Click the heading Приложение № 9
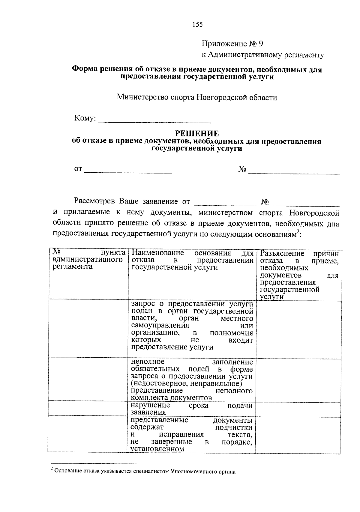[x=232, y=44]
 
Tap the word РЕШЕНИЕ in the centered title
[x=197, y=133]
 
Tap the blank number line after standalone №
[x=294, y=171]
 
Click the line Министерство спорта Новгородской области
[x=197, y=97]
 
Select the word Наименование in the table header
[x=157, y=253]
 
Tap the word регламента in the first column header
[x=72, y=267]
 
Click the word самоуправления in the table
[x=160, y=326]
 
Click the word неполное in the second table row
[x=148, y=362]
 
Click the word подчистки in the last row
[x=234, y=427]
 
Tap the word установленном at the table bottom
[x=157, y=449]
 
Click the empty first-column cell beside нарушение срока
[x=88, y=409]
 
